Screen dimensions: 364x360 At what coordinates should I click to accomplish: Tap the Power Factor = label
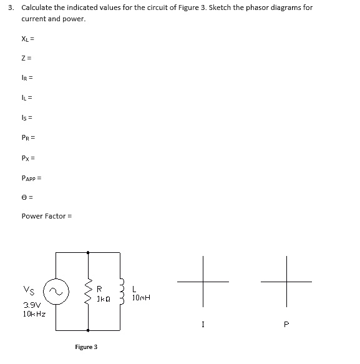pos(47,216)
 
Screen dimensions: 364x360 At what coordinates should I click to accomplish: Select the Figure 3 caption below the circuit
pos(86,347)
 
